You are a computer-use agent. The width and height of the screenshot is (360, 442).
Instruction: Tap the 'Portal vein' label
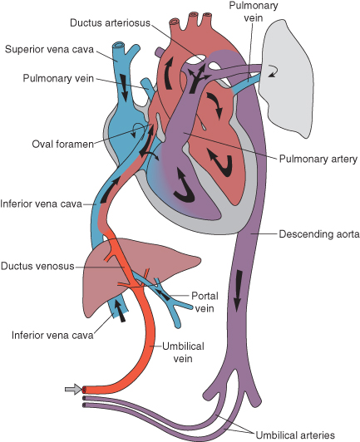[205, 302]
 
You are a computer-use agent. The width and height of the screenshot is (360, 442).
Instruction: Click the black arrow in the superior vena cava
[126, 87]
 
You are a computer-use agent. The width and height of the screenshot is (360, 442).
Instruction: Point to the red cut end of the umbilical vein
[86, 389]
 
